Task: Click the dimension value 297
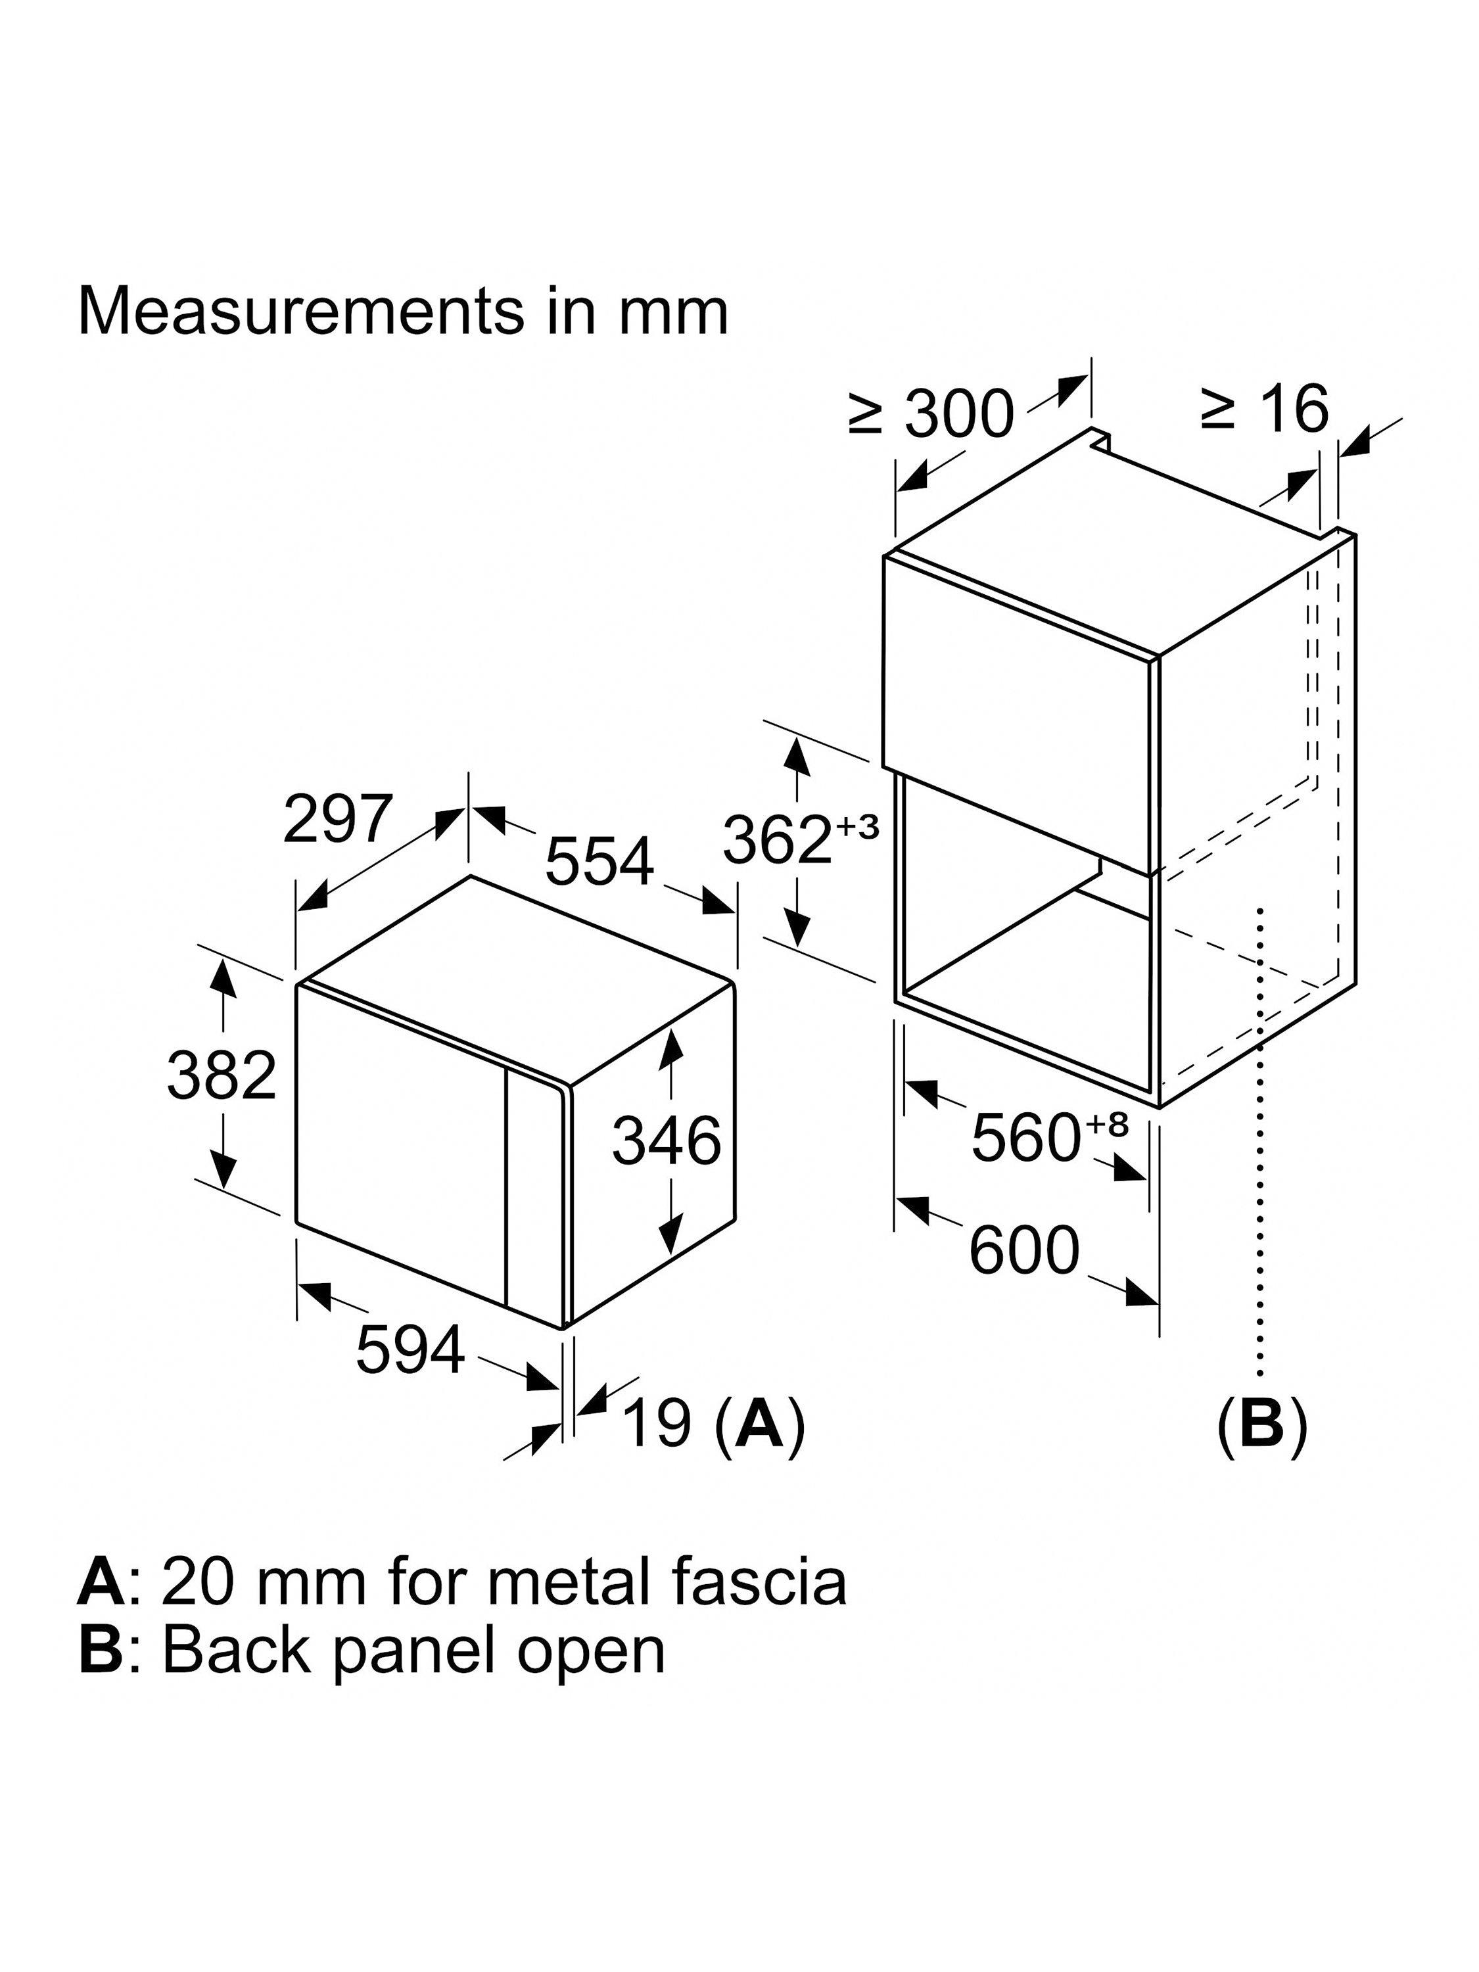tap(337, 818)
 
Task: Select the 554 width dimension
tap(599, 861)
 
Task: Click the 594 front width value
tap(410, 1350)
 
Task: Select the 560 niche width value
tap(1025, 1139)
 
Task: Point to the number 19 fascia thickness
tap(657, 1423)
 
